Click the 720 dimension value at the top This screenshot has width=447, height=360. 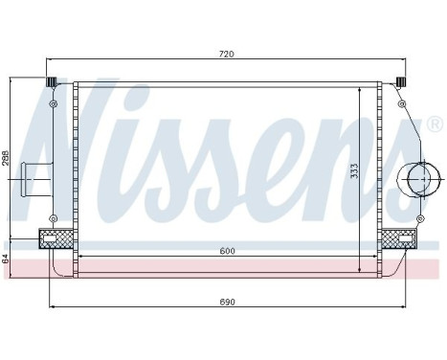[226, 55]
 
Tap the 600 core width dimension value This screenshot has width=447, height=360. [226, 251]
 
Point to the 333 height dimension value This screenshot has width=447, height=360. [354, 171]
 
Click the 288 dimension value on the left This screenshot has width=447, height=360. [6, 158]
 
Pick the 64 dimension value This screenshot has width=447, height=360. [6, 257]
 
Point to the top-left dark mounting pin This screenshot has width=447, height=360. [54, 81]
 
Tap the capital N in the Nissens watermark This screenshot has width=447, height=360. [80, 144]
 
